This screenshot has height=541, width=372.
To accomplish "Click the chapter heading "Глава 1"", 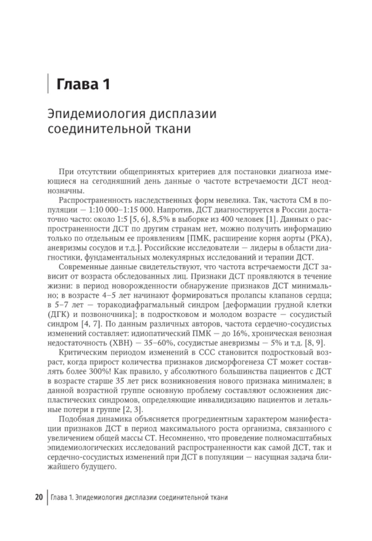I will pos(83,84).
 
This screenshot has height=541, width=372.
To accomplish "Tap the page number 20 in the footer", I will pos(39,497).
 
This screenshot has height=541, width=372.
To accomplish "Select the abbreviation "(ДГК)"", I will pos(58,314).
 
